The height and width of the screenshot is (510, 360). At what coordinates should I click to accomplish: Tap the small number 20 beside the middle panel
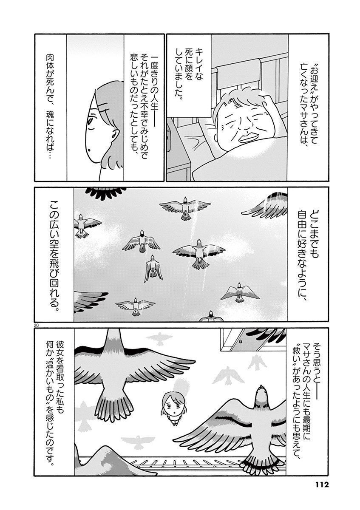click(x=36, y=326)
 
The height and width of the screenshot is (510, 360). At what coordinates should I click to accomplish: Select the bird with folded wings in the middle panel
click(x=153, y=269)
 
